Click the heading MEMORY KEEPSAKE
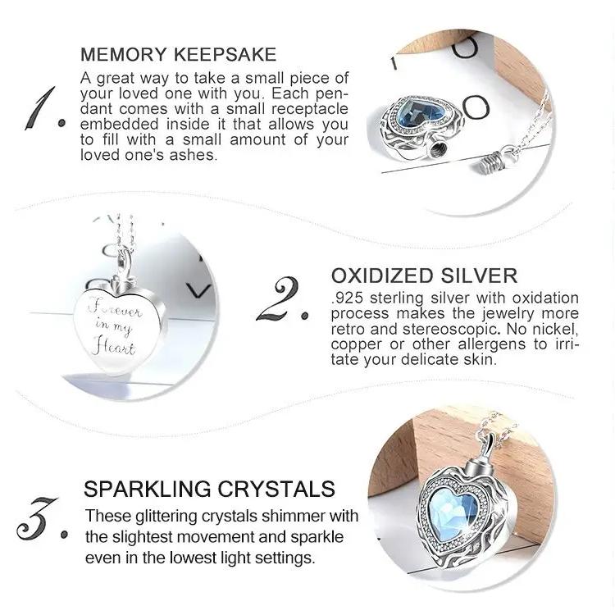pos(179,54)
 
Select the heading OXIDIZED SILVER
pos(425,276)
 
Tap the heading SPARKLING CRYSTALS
pos(209,489)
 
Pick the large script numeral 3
pos(36,517)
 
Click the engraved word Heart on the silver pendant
pos(113,347)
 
